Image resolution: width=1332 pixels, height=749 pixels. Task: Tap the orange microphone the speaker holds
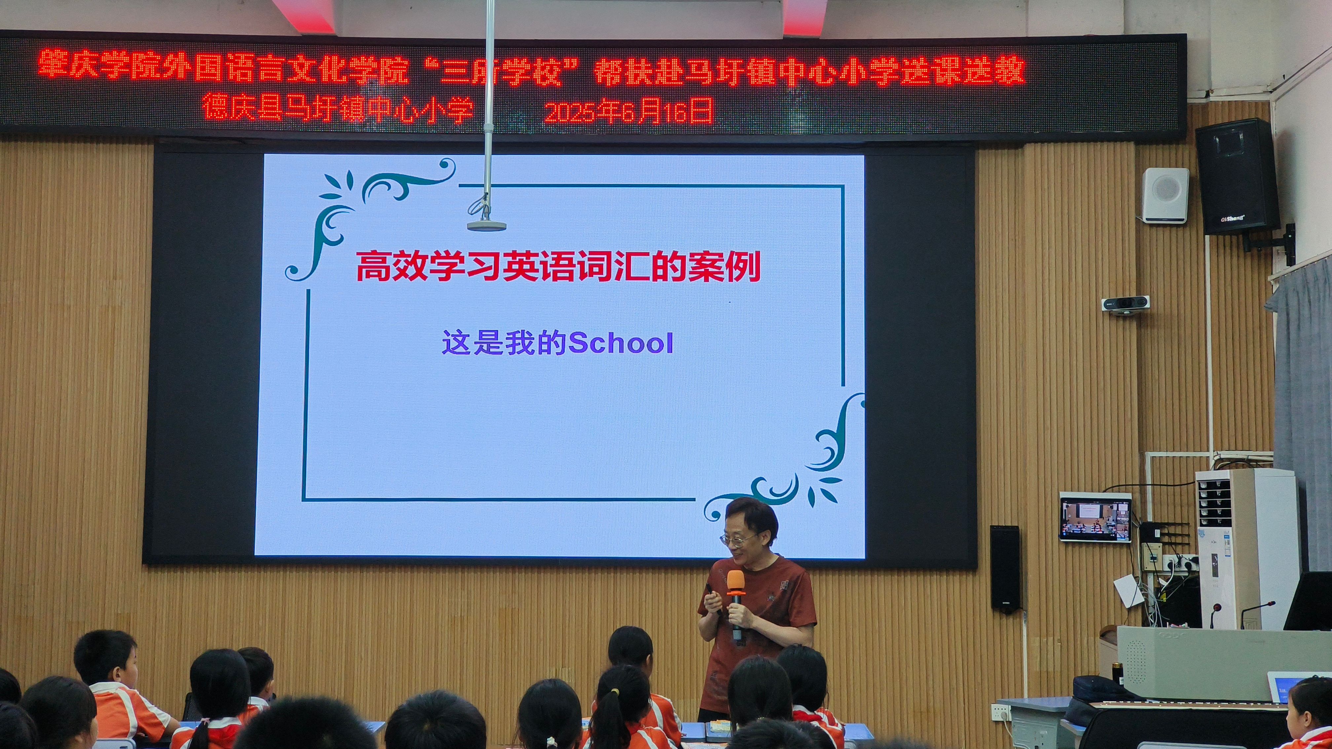(x=736, y=602)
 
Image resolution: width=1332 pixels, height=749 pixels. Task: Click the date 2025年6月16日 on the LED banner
(x=629, y=111)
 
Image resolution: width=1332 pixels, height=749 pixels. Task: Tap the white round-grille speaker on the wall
(x=1165, y=195)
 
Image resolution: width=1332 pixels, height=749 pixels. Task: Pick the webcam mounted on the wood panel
(x=1125, y=304)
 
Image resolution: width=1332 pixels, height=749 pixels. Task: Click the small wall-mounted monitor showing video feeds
(x=1095, y=517)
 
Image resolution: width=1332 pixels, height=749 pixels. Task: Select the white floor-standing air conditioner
(x=1246, y=548)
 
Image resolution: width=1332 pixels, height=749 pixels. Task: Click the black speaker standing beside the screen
(x=1005, y=569)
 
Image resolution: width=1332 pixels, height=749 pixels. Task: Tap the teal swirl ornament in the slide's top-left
(x=362, y=212)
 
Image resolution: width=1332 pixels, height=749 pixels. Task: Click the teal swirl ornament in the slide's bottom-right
(x=791, y=460)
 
